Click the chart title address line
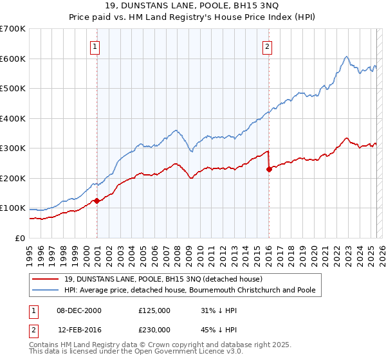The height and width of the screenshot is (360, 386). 192,6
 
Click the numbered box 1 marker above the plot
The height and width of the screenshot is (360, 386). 95,46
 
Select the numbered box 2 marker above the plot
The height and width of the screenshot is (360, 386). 267,46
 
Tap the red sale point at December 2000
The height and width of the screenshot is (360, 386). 96,201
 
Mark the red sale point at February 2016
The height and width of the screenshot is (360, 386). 268,169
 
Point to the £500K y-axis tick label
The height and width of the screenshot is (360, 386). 13,89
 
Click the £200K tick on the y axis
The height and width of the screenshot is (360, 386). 13,178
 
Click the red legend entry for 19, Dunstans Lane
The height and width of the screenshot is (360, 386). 163,280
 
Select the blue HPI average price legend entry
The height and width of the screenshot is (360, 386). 190,291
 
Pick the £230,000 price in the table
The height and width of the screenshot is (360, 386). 154,329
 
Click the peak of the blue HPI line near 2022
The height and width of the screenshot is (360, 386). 346,57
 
